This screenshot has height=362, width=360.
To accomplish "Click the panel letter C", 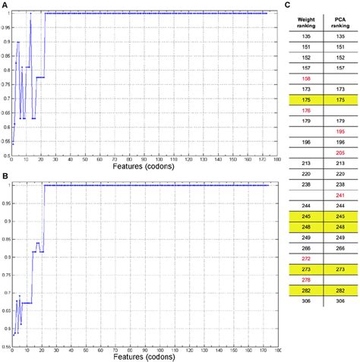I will point(286,5).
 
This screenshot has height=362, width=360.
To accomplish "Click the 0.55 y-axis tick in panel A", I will point(5,142).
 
